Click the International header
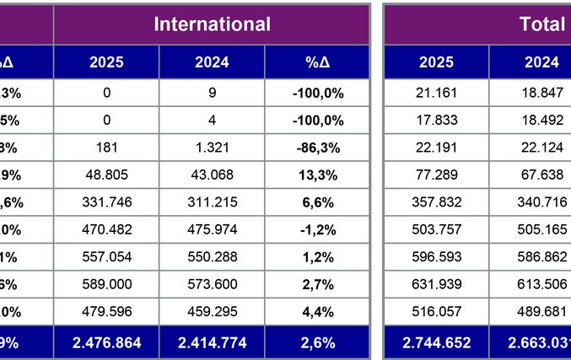pos(212,24)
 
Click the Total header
pos(542,24)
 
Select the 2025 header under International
pos(106,62)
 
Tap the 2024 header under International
pos(212,62)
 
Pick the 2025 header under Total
pos(436,62)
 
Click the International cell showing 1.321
pos(212,148)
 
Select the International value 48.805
pos(106,175)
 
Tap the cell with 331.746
pos(106,202)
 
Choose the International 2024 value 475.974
pos(212,229)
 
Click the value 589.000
pos(106,284)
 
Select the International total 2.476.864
pos(106,343)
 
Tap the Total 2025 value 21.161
pos(436,93)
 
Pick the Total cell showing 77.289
pos(436,175)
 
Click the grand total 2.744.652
pos(436,343)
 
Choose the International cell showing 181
pos(106,148)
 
